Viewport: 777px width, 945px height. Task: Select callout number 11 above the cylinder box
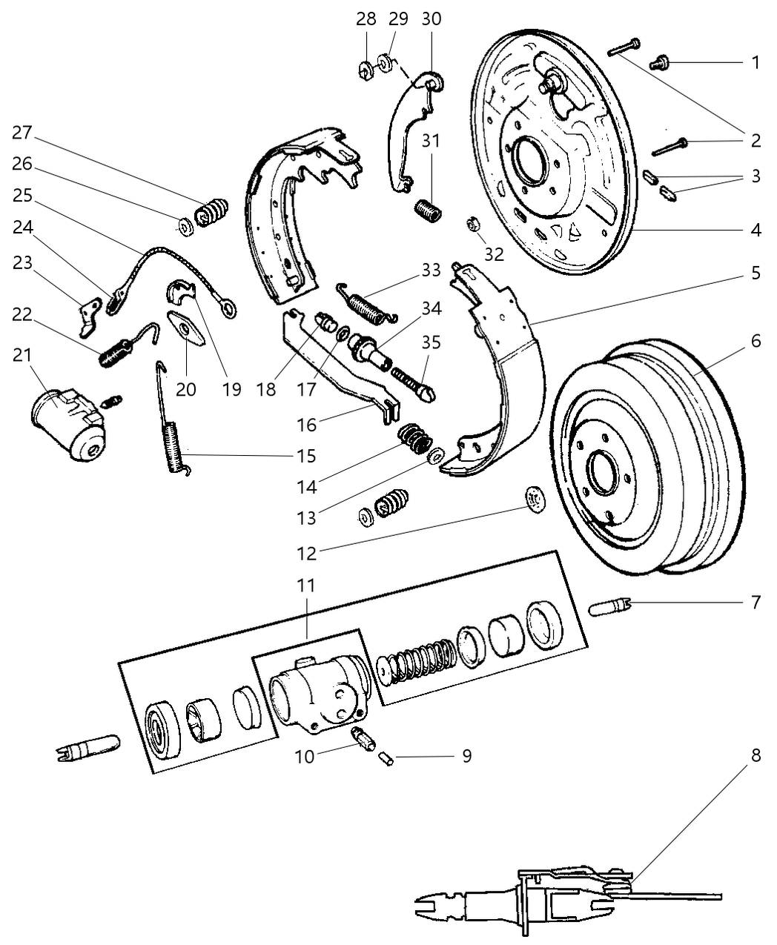[306, 586]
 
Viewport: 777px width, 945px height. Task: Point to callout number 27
[22, 133]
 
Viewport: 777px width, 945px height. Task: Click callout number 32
[494, 253]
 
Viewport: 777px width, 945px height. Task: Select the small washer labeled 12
[532, 500]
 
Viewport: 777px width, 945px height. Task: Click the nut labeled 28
[365, 70]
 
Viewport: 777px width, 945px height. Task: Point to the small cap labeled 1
[658, 64]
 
